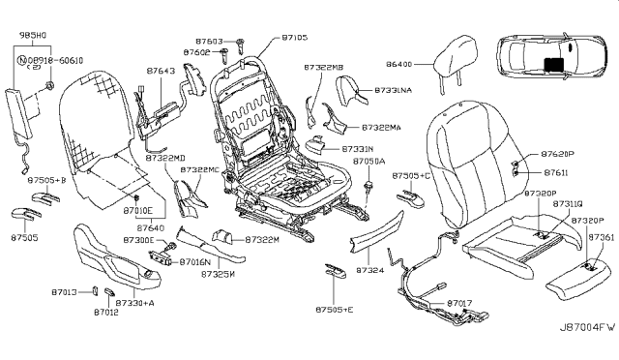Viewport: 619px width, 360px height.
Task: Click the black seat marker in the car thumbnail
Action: click(x=553, y=65)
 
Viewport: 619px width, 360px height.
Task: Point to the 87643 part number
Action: click(x=162, y=71)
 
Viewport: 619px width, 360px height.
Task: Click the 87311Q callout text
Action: click(x=568, y=204)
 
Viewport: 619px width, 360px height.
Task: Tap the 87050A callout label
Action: click(x=369, y=162)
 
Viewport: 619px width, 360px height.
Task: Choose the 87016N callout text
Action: click(x=196, y=261)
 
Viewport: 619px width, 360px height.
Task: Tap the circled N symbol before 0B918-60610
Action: click(x=22, y=58)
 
